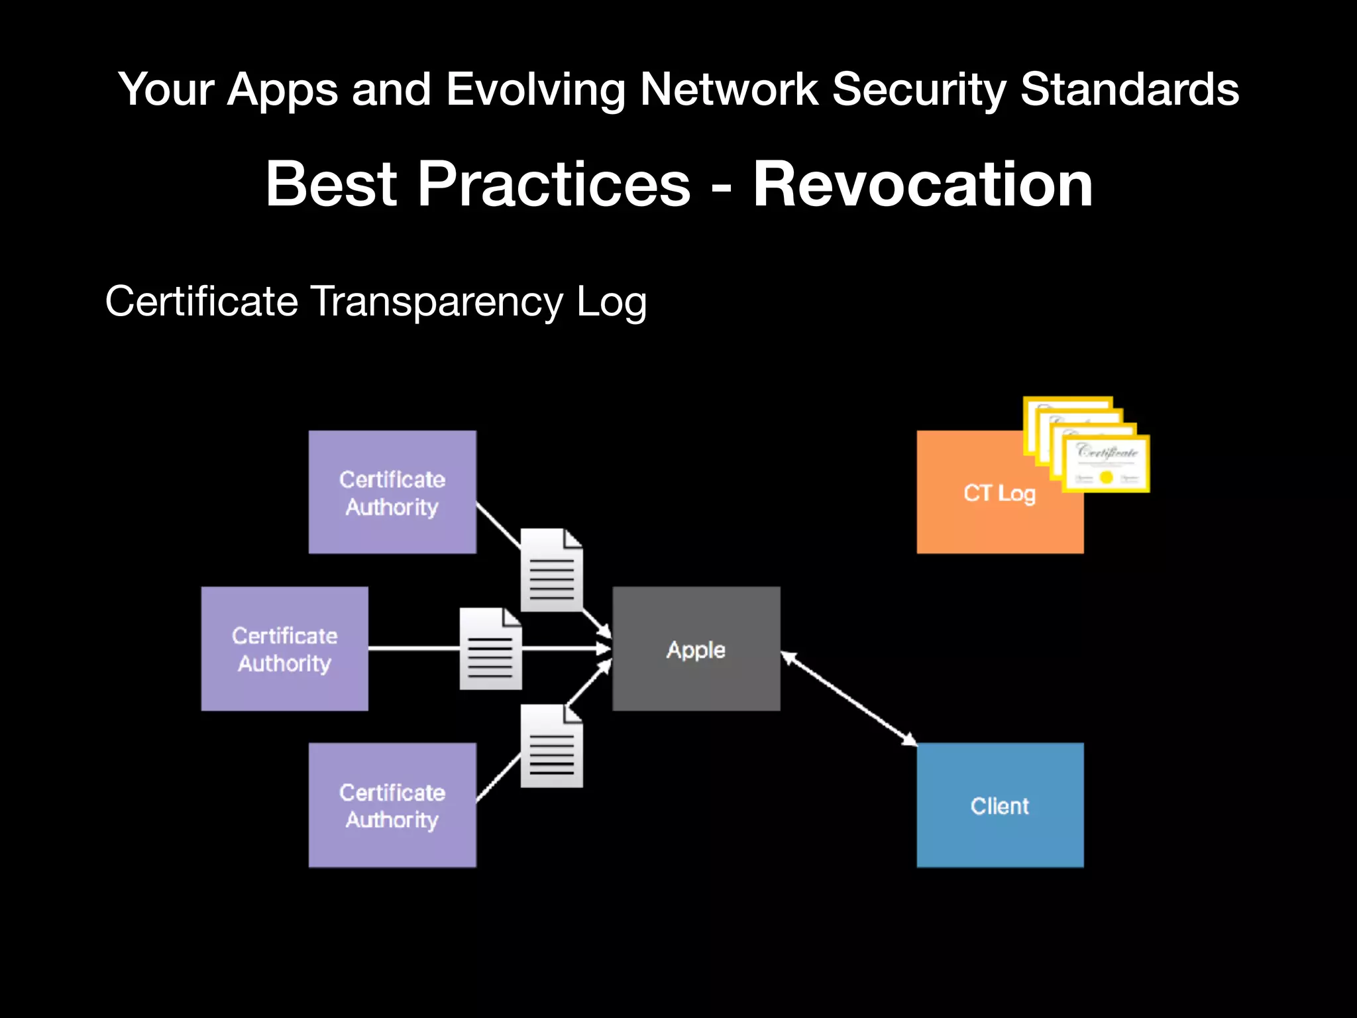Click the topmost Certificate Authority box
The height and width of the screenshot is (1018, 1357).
(x=392, y=492)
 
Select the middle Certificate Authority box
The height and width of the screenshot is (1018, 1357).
(x=285, y=649)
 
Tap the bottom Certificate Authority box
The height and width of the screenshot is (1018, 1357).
(x=392, y=805)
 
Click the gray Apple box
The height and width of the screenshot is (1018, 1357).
(x=696, y=649)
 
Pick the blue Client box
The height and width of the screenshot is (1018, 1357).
(x=1000, y=805)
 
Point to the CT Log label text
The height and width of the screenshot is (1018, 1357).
(x=999, y=493)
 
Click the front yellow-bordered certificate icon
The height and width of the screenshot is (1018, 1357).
(x=1106, y=464)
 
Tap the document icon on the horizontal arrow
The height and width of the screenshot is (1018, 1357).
(x=490, y=649)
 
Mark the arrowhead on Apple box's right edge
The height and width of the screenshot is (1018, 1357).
(x=788, y=657)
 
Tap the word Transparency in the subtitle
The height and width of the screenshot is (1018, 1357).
(x=437, y=302)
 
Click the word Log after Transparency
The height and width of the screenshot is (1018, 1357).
(x=611, y=302)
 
